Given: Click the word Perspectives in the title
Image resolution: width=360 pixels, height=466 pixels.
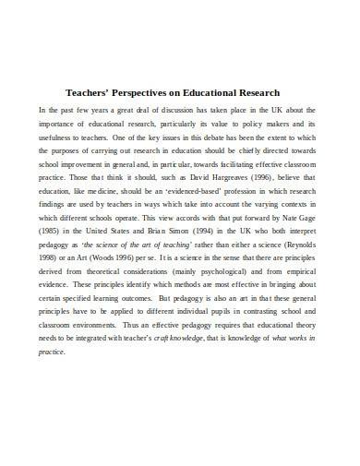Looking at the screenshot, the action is (141, 93).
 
